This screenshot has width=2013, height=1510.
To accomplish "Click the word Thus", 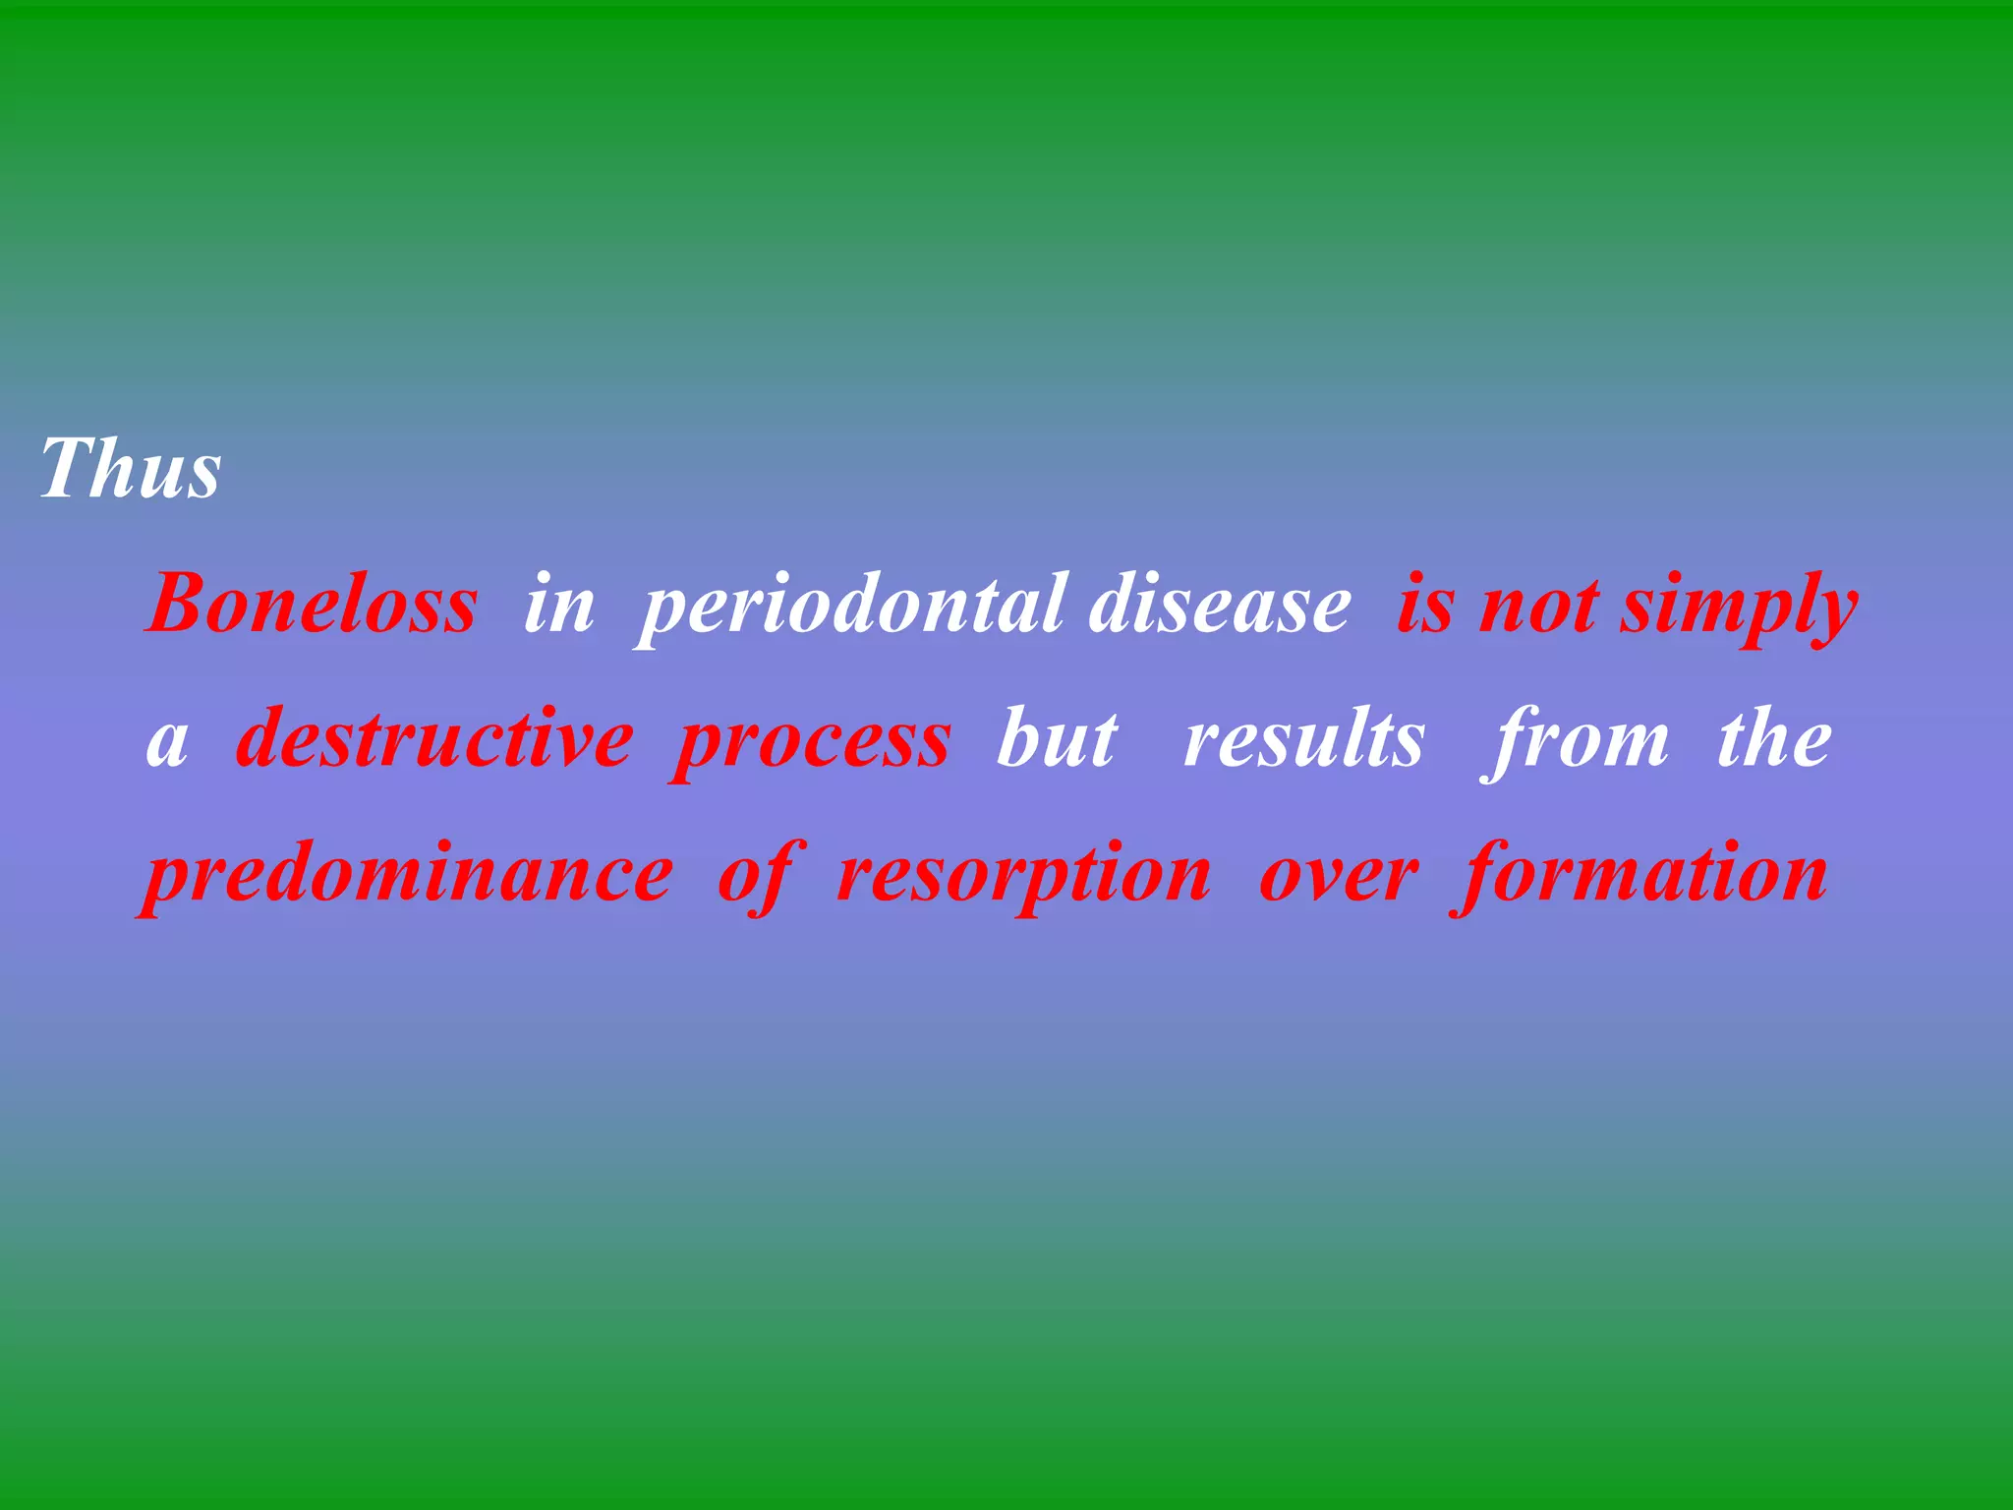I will tap(131, 470).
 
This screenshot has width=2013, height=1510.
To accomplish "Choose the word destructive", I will tap(434, 739).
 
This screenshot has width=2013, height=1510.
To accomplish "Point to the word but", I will tap(1057, 739).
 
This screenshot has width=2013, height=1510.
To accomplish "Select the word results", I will tap(1303, 739).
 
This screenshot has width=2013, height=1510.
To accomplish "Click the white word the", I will tap(1773, 739).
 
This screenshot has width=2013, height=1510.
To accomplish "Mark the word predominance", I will tap(407, 875).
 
